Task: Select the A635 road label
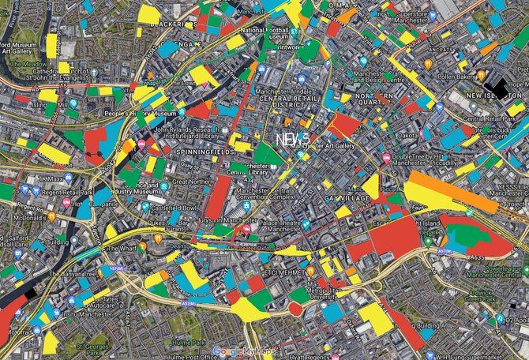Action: pos(476,257)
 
